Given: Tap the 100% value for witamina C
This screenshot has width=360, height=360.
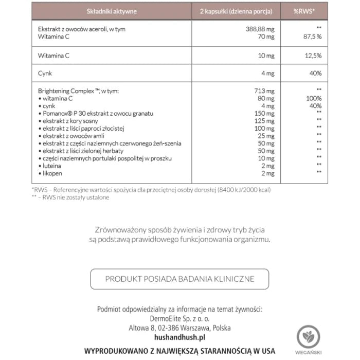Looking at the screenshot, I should tap(313, 98).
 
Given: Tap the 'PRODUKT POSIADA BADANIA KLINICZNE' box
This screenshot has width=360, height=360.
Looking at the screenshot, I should tap(179, 279).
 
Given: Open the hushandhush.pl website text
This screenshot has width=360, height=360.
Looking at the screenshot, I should tap(179, 336).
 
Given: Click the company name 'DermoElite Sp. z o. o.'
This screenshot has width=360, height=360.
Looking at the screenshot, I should tap(179, 318).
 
